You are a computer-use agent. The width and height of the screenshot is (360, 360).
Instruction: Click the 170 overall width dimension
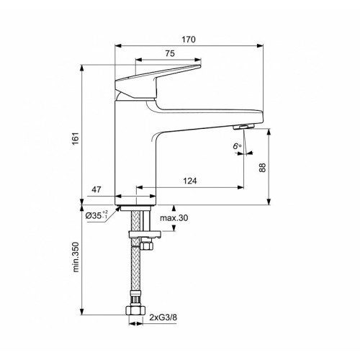[x=189, y=40]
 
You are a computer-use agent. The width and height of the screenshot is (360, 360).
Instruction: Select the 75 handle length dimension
[x=170, y=53]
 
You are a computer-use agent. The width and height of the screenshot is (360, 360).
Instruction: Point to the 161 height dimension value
[x=76, y=139]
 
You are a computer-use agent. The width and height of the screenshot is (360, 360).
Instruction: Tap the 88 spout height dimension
[x=263, y=167]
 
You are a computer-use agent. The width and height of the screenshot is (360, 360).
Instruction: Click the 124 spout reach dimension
[x=190, y=181]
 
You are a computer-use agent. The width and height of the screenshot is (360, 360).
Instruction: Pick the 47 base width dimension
[x=96, y=189]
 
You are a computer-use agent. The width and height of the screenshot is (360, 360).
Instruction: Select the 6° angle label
[x=237, y=145]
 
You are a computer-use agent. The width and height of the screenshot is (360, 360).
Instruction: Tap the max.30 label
[x=174, y=218]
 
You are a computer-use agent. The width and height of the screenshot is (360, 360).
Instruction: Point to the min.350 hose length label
[x=76, y=257]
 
